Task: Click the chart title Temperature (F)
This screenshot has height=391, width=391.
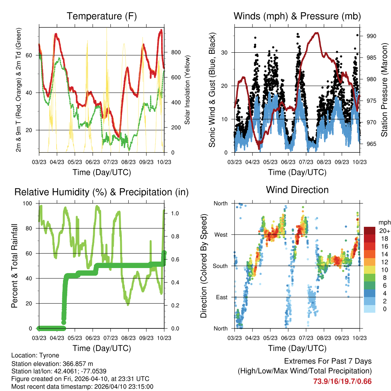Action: [x=102, y=16]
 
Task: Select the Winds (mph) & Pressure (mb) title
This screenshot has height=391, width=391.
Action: [x=297, y=16]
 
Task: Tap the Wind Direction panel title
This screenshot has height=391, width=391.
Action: [x=297, y=190]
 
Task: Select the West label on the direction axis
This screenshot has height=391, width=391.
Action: [x=221, y=235]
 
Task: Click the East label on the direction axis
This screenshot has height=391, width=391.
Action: [x=221, y=297]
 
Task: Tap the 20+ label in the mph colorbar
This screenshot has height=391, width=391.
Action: [x=384, y=231]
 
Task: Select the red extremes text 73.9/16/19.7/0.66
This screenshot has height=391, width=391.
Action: [x=343, y=381]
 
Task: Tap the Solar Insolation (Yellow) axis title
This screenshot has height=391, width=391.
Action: [x=187, y=90]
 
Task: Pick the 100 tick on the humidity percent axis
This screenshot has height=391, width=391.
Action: [x=28, y=203]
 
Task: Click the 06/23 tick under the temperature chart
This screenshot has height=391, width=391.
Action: [x=93, y=162]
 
